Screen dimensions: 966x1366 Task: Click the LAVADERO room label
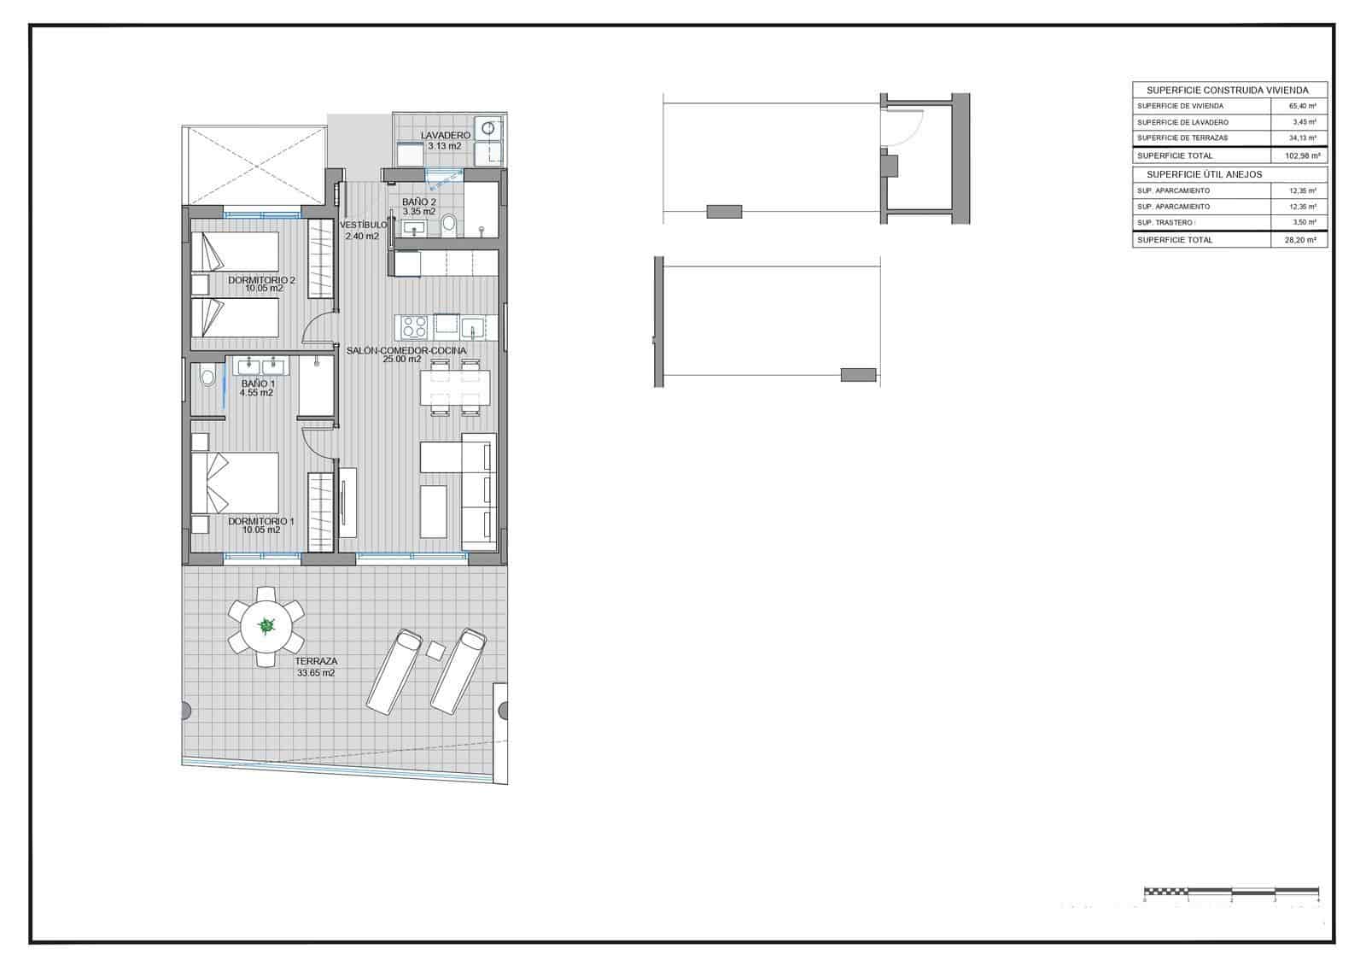point(445,136)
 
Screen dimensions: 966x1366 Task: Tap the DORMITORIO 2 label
point(261,280)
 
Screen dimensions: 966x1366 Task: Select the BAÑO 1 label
point(257,383)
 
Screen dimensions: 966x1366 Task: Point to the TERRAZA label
point(316,661)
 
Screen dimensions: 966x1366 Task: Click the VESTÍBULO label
point(363,225)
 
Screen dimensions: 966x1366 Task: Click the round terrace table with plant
point(266,626)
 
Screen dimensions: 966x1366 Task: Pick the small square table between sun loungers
point(435,650)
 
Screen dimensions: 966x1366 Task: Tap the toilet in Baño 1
point(206,377)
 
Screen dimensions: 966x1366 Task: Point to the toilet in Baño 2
point(450,225)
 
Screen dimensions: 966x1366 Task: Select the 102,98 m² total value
point(1302,156)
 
